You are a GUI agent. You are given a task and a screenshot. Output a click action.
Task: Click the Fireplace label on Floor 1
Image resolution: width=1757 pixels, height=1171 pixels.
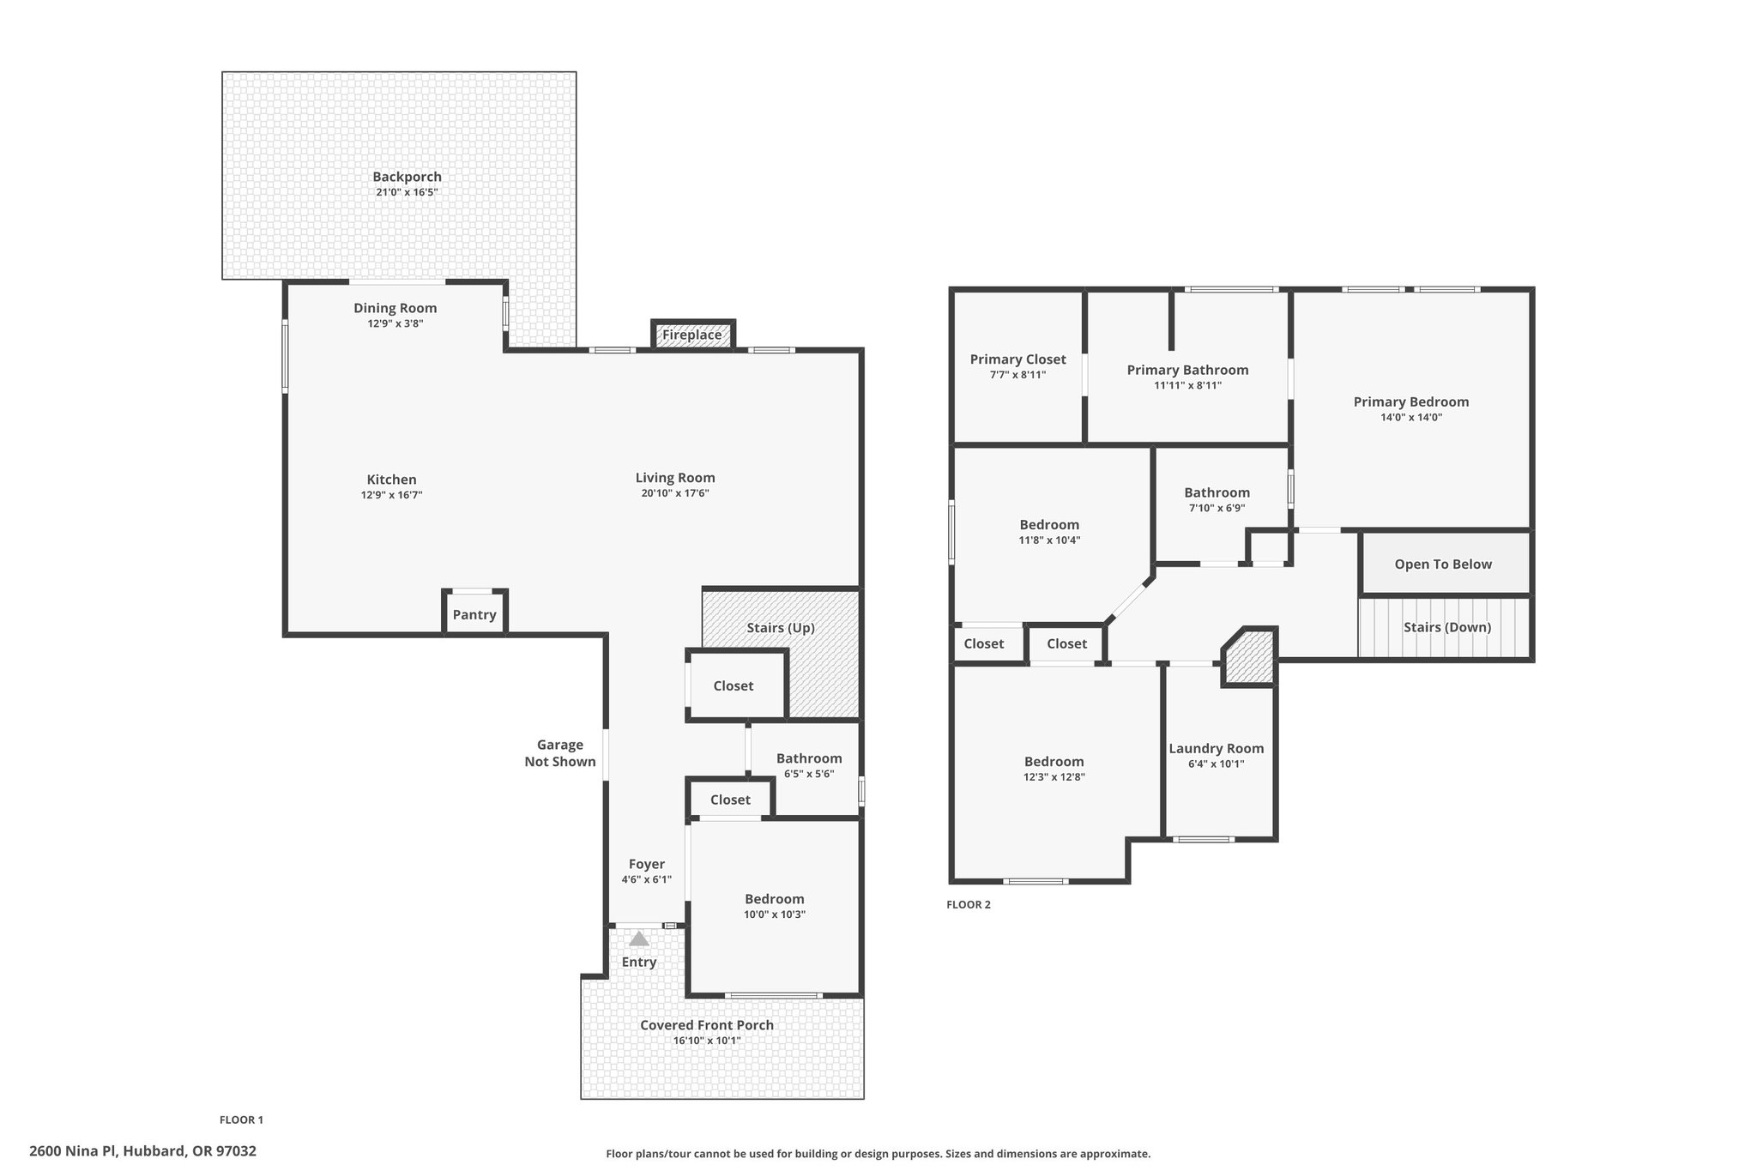click(691, 335)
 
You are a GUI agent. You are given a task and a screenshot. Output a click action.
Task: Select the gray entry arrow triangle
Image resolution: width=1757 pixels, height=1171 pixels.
click(639, 939)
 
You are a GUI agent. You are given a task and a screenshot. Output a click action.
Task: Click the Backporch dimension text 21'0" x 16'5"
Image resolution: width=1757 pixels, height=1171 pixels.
click(407, 192)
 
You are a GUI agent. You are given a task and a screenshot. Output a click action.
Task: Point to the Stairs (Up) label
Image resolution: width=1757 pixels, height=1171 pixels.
click(781, 628)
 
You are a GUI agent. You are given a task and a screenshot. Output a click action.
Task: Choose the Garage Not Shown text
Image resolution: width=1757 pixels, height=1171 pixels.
click(560, 753)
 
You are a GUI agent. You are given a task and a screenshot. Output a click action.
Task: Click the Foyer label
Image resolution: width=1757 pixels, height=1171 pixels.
click(647, 864)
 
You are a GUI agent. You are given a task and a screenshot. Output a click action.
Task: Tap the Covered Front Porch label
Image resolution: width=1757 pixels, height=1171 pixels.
click(707, 1025)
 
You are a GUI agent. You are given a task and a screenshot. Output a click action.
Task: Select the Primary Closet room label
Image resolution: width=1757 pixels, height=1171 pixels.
click(1018, 359)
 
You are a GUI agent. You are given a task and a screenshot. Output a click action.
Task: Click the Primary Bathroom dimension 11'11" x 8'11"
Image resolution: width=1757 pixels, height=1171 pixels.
click(1187, 385)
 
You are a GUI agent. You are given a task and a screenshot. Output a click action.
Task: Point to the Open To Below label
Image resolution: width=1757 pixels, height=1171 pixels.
click(1443, 564)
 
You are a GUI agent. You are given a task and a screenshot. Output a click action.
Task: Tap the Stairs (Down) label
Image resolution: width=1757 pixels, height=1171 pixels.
click(1447, 627)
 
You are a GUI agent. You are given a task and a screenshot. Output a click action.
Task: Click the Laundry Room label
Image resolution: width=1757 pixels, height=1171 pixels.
click(1217, 748)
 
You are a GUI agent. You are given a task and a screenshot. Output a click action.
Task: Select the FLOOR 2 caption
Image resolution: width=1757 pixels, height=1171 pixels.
click(969, 904)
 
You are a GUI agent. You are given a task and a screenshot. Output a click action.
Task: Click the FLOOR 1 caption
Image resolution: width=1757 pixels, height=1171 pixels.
click(241, 1120)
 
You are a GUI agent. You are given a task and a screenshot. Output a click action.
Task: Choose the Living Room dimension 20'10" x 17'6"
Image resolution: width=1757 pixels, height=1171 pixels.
click(675, 493)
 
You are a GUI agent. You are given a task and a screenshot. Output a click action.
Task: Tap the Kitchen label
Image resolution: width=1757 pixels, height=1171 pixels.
click(392, 480)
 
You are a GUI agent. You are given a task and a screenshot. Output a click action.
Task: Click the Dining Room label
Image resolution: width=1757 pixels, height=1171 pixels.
click(395, 308)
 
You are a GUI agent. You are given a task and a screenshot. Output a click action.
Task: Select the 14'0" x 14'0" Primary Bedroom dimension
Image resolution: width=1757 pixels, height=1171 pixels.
click(1411, 418)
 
